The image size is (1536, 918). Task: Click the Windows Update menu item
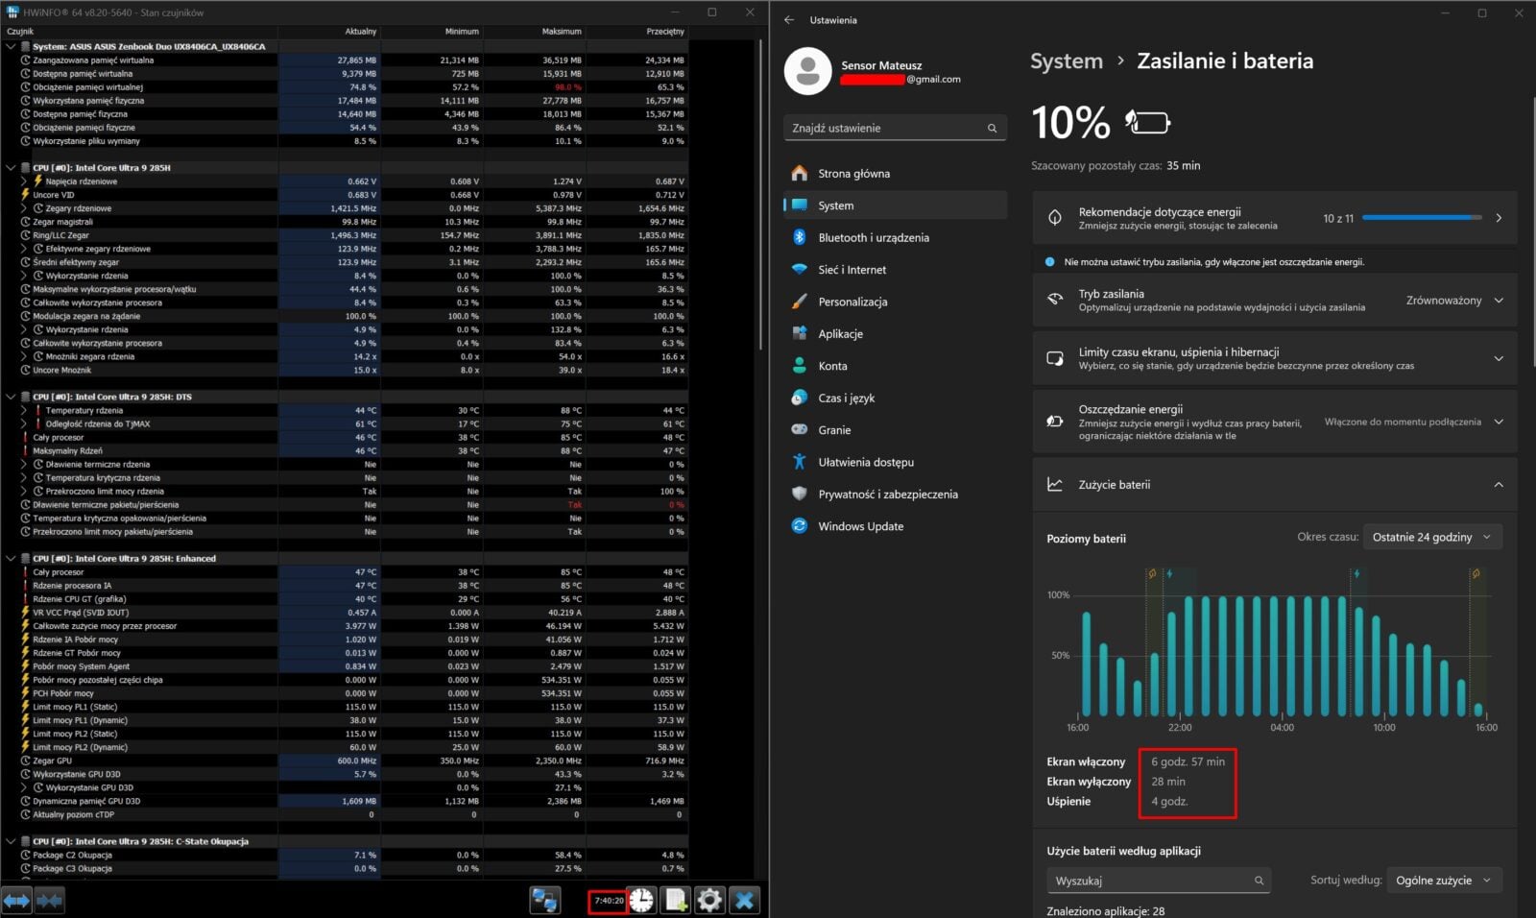click(860, 526)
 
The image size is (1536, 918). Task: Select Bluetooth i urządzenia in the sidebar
click(873, 237)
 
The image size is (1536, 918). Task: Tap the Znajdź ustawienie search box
click(883, 128)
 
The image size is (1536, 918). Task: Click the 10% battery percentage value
click(1070, 123)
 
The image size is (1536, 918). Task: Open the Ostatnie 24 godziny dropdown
click(1431, 537)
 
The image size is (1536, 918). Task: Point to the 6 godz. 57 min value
click(1188, 761)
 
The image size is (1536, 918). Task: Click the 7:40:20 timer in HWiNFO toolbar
click(609, 901)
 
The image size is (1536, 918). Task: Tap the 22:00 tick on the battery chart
click(1180, 728)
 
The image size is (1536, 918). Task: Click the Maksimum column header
click(562, 32)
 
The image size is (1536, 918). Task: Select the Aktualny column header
click(361, 32)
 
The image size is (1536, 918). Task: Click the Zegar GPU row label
click(52, 761)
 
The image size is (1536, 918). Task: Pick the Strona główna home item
click(853, 174)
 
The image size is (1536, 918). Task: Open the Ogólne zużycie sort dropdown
click(1443, 881)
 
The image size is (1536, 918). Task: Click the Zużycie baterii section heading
click(1114, 485)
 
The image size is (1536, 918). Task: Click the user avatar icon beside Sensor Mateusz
click(807, 71)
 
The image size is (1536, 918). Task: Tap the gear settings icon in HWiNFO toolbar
click(709, 900)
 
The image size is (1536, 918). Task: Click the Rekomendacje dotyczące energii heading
click(1159, 212)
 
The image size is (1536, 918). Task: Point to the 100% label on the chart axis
click(1058, 595)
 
